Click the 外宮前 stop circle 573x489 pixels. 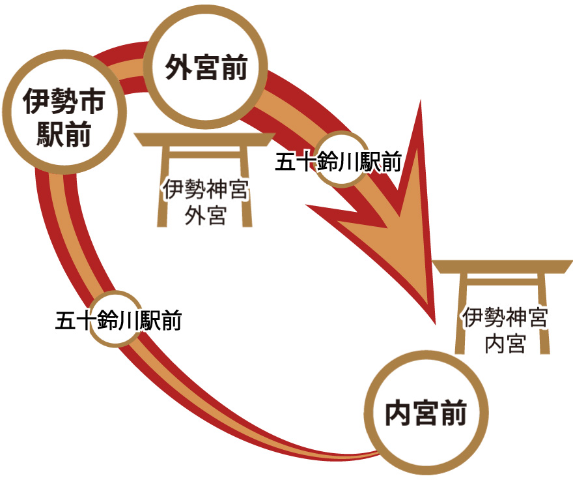click(205, 67)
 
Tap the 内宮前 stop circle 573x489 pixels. click(426, 412)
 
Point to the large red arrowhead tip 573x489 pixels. click(432, 322)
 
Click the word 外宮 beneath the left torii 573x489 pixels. click(205, 215)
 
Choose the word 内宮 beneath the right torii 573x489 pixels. click(505, 342)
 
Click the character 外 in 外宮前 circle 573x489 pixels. click(177, 67)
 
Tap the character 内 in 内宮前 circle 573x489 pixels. click(397, 413)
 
